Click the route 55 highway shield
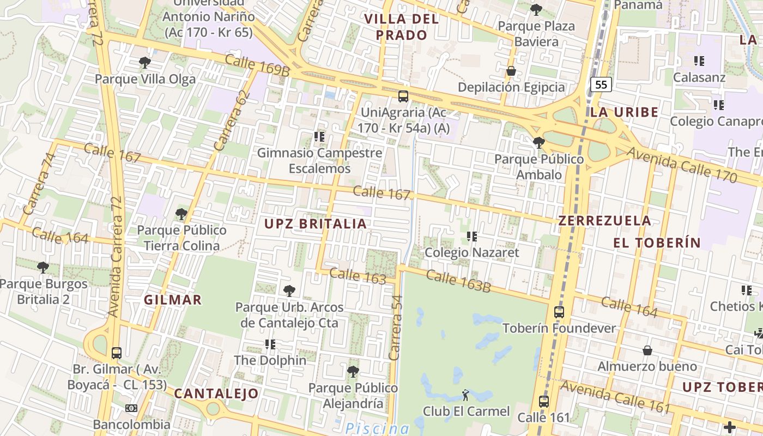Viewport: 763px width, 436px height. pyautogui.click(x=601, y=84)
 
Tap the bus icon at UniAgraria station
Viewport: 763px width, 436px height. pyautogui.click(x=403, y=96)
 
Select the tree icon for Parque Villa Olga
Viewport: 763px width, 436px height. pyautogui.click(x=144, y=63)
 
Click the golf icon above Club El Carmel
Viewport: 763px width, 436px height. pyautogui.click(x=465, y=394)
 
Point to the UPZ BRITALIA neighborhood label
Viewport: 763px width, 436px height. pyautogui.click(x=316, y=223)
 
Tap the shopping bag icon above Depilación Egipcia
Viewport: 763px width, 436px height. pyautogui.click(x=511, y=71)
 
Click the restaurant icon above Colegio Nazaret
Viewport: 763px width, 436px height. pyautogui.click(x=472, y=237)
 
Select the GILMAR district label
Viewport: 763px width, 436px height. pyautogui.click(x=173, y=300)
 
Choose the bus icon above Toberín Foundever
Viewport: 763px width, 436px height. pyautogui.click(x=559, y=312)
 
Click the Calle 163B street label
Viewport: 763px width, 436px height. pyautogui.click(x=458, y=280)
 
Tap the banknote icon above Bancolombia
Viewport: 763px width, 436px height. pyautogui.click(x=131, y=408)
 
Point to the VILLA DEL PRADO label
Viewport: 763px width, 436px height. pyautogui.click(x=401, y=27)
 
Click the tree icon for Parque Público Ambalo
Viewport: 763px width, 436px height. pyautogui.click(x=539, y=143)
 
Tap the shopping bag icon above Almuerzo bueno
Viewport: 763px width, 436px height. pyautogui.click(x=647, y=350)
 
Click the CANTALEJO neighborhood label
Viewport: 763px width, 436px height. pyautogui.click(x=216, y=393)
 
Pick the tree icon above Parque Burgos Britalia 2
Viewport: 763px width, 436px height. pyautogui.click(x=43, y=267)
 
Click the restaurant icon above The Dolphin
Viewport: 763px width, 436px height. pyautogui.click(x=270, y=344)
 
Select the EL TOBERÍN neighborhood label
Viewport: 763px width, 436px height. pyautogui.click(x=656, y=243)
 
